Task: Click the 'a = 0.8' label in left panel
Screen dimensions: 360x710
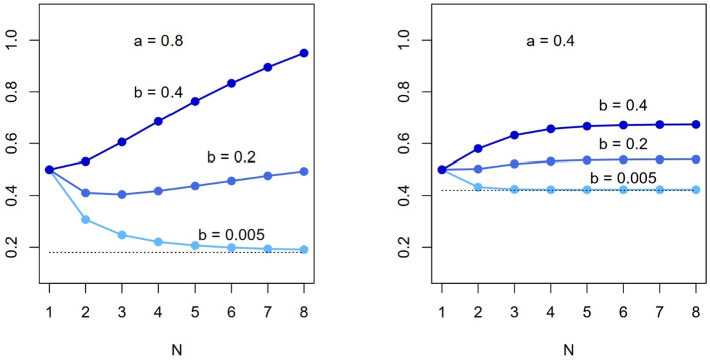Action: (158, 41)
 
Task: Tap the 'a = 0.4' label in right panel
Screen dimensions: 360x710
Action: (551, 41)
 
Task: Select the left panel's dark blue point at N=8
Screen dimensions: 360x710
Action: (304, 53)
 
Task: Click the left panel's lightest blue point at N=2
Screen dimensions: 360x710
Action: (85, 220)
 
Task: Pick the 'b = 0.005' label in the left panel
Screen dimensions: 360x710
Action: (232, 234)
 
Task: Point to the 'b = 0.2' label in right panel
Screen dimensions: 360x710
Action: (623, 144)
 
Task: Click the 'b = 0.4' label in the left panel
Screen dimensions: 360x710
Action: (158, 93)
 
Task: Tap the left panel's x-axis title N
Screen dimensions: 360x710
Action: (177, 351)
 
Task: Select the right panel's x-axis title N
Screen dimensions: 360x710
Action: (569, 351)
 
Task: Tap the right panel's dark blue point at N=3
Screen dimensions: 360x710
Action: (514, 135)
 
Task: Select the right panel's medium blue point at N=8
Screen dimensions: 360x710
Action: (696, 159)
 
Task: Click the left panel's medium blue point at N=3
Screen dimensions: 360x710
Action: (122, 194)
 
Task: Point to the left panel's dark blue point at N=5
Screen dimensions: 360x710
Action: (195, 101)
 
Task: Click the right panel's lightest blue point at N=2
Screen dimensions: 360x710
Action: (478, 187)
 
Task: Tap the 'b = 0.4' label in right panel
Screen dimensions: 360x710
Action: (623, 106)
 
